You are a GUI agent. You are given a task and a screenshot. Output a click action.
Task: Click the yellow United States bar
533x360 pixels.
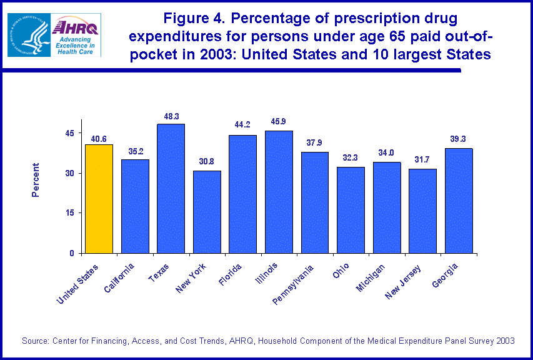tap(99, 199)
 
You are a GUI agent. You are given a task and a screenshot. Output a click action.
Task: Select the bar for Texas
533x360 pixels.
tap(171, 188)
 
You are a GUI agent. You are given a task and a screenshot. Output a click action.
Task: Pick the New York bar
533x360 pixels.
tap(207, 212)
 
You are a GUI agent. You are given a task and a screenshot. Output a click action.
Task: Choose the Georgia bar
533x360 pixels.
tap(459, 201)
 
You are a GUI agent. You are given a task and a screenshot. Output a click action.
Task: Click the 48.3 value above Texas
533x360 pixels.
tap(171, 117)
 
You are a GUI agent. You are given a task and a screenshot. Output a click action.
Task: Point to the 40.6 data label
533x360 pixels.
tap(99, 138)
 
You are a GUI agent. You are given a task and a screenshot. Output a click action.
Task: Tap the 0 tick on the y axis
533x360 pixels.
tap(72, 253)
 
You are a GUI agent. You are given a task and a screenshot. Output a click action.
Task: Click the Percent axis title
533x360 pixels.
tap(36, 180)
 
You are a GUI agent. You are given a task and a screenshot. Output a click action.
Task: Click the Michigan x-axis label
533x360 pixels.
tap(372, 275)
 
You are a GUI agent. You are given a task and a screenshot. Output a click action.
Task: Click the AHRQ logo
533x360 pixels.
tap(76, 35)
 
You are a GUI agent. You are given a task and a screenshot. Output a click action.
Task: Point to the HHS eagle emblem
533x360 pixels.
tap(29, 35)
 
